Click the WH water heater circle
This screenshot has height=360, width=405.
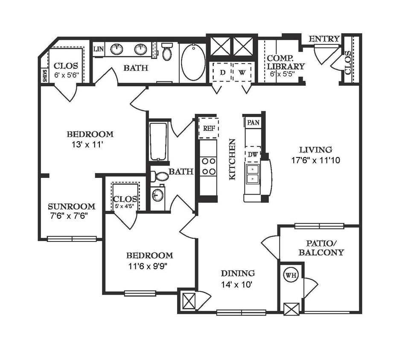[291, 276]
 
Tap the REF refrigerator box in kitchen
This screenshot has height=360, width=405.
[208, 128]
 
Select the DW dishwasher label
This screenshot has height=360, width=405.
[253, 155]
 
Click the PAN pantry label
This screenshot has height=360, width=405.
[253, 122]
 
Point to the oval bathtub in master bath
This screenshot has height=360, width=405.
[193, 62]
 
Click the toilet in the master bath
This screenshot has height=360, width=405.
[166, 52]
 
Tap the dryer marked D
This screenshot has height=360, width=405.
[222, 72]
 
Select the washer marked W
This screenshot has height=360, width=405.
[242, 72]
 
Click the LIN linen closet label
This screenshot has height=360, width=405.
[98, 49]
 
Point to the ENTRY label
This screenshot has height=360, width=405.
[324, 39]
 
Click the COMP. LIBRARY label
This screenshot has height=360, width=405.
[286, 62]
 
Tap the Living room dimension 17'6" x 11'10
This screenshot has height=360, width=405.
[315, 161]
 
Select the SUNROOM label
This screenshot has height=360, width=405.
[71, 206]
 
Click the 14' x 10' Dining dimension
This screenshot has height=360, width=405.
[237, 284]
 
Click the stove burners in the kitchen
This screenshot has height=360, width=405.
[208, 166]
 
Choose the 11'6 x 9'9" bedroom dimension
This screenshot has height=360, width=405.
[149, 267]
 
